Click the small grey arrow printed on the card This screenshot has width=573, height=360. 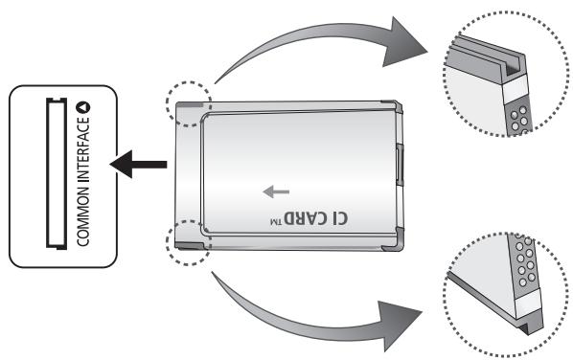(275, 191)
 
